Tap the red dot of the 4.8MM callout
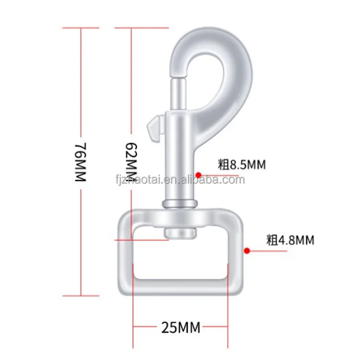pos(247,250)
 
